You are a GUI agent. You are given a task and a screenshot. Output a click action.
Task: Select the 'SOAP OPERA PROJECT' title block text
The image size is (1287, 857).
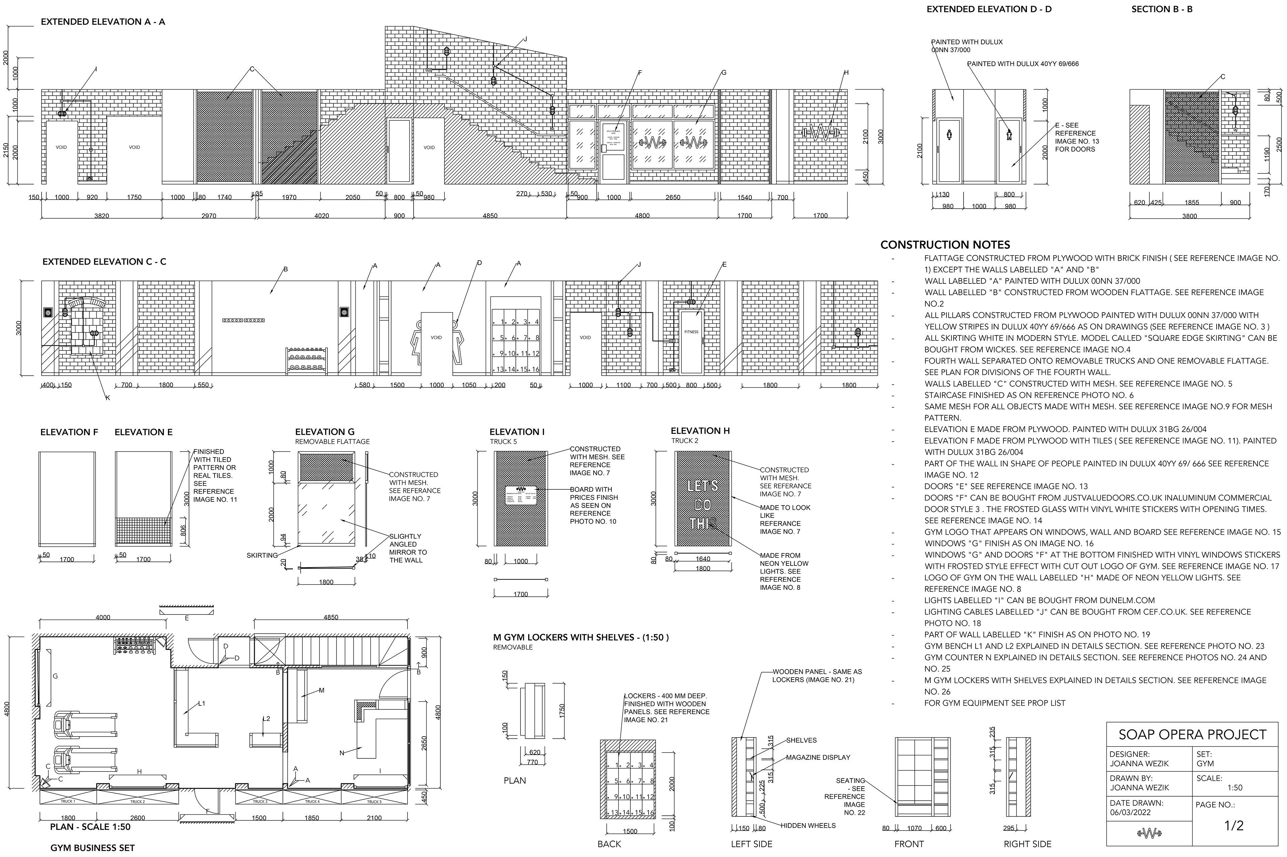(1192, 734)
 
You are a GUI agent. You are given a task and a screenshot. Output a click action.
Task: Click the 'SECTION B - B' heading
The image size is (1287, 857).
(1161, 9)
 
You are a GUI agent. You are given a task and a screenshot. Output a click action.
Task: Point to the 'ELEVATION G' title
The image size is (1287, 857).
(324, 432)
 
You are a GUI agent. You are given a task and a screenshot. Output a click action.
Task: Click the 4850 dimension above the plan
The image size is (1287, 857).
(330, 617)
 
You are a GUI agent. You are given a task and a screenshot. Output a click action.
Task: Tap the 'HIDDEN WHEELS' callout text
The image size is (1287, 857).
(808, 825)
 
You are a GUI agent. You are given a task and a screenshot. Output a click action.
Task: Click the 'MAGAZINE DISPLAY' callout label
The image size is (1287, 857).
(818, 757)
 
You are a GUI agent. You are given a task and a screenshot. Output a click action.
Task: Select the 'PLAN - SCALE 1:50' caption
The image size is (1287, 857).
(90, 827)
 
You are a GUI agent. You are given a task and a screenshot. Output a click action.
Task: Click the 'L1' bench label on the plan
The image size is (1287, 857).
(201, 703)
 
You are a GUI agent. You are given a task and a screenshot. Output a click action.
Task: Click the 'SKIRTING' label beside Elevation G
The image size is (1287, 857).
(262, 555)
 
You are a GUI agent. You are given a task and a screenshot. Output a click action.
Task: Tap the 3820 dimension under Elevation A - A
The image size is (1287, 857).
(102, 216)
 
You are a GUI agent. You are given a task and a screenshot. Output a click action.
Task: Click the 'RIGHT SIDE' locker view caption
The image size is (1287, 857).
(1027, 844)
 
